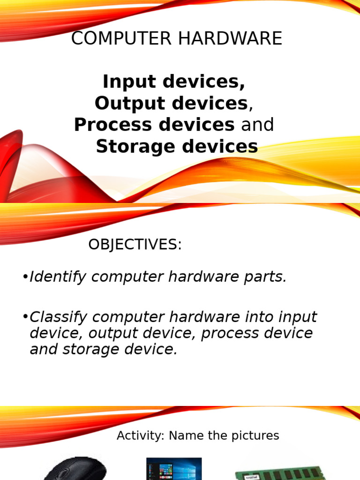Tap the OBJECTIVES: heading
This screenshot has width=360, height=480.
click(135, 245)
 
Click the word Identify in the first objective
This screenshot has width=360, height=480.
click(58, 277)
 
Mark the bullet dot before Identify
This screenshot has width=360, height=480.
click(25, 277)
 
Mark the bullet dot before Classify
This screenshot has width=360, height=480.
click(25, 317)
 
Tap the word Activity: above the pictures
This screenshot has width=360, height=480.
click(141, 436)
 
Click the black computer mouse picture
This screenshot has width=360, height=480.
click(75, 469)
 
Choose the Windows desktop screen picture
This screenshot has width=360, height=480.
click(174, 469)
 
